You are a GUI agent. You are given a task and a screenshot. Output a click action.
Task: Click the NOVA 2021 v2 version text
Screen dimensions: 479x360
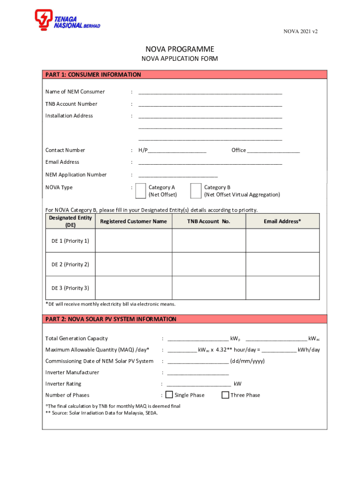[301, 31]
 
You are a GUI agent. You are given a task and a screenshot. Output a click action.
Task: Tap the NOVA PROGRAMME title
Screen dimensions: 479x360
[180, 49]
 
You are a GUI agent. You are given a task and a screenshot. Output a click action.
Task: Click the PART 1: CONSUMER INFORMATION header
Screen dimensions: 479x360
[93, 75]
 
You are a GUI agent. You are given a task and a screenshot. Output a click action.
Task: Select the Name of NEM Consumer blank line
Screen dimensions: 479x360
[210, 92]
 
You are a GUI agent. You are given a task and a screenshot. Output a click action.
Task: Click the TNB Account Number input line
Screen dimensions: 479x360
[210, 104]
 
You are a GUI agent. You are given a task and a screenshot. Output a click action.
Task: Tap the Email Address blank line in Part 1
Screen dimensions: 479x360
[210, 162]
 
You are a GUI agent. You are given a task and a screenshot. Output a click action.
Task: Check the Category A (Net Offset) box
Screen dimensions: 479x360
[140, 191]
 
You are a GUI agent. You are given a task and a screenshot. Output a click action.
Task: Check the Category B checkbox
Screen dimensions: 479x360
[196, 191]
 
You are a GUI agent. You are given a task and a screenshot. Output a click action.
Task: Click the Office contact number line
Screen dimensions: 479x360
[274, 151]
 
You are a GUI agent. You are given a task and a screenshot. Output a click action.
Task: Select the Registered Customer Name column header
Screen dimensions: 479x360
[133, 221]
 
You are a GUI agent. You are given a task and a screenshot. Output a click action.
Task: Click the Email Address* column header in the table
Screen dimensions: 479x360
[282, 221]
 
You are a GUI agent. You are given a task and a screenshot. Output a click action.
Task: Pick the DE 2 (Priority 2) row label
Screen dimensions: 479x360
[70, 264]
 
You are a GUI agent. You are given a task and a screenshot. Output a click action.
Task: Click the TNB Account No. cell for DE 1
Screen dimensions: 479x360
[209, 241]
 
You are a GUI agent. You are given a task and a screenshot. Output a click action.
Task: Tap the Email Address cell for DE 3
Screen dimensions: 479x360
[282, 288]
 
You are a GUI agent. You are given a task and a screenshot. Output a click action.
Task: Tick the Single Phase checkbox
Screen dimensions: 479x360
[169, 395]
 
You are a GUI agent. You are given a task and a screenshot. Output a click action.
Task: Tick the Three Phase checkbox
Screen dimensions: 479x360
[225, 395]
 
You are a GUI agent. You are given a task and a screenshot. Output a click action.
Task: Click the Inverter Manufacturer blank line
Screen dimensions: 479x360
[198, 373]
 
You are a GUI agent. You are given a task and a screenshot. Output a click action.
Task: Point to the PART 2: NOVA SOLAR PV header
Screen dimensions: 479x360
[111, 319]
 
